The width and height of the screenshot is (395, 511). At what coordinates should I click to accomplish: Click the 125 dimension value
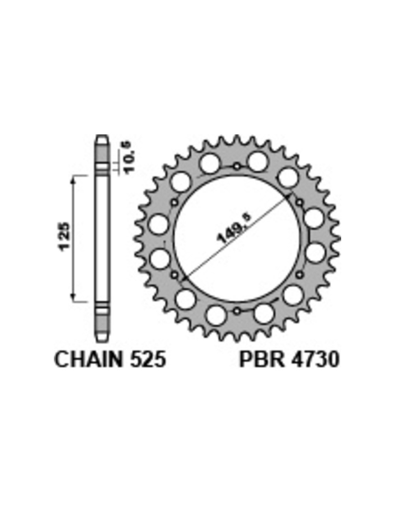click(64, 237)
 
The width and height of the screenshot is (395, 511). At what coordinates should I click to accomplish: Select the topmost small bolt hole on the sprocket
click(237, 167)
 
